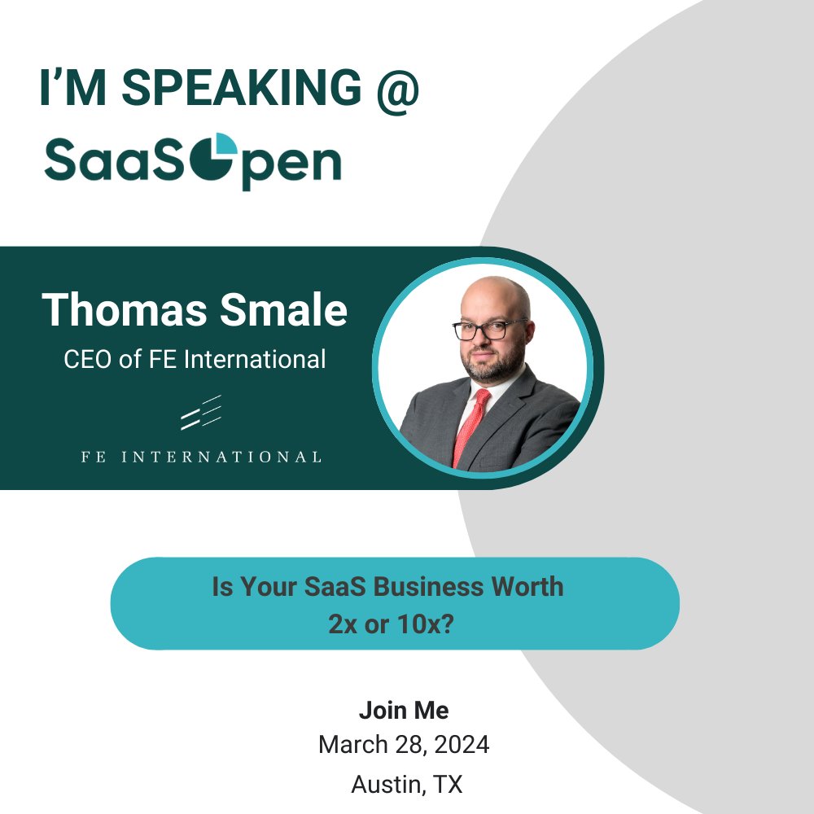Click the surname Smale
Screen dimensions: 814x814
(x=287, y=309)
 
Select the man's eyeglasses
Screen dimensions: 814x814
(x=489, y=329)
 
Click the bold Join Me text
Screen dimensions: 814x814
(x=404, y=710)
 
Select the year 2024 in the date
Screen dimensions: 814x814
(x=459, y=744)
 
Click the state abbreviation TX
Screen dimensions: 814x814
(x=447, y=784)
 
